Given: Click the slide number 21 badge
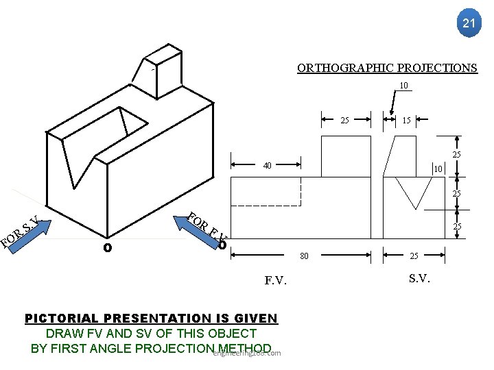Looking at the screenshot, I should click(468, 23).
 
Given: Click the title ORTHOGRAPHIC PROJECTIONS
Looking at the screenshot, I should click(387, 68).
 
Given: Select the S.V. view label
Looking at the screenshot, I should click(420, 278).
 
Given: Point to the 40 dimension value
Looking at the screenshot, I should click(267, 165).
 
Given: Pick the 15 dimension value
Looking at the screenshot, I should click(406, 121).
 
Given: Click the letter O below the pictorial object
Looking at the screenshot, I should click(107, 247).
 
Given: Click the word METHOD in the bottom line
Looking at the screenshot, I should click(243, 348).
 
